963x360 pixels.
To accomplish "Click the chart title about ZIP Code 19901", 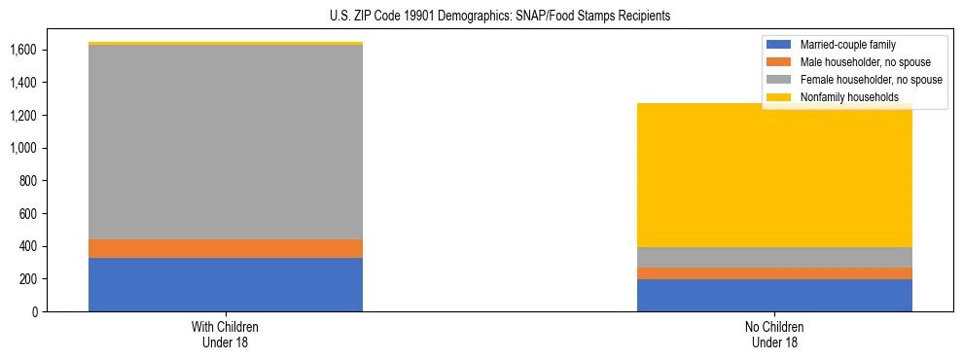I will (x=481, y=17).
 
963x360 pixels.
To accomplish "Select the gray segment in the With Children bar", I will (x=226, y=142).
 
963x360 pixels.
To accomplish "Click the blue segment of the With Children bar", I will (x=226, y=285).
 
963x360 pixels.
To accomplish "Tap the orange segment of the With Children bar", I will (x=226, y=249).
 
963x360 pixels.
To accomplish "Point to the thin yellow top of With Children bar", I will (x=226, y=44).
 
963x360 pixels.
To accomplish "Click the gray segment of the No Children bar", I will (x=774, y=257).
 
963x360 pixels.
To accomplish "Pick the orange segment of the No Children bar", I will (x=774, y=273).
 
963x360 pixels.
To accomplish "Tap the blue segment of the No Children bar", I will (x=774, y=296).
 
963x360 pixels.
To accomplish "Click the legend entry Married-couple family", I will (x=846, y=45).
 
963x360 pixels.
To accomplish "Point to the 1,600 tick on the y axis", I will (x=23, y=50).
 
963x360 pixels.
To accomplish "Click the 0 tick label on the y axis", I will (x=34, y=312).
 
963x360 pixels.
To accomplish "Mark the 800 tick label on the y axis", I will (x=27, y=181).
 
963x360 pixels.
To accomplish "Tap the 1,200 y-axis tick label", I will (x=23, y=116).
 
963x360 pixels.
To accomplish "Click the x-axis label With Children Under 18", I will (x=226, y=335).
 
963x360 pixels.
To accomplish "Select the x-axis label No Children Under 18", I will (x=774, y=335).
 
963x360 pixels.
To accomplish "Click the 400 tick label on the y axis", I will (x=27, y=247).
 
